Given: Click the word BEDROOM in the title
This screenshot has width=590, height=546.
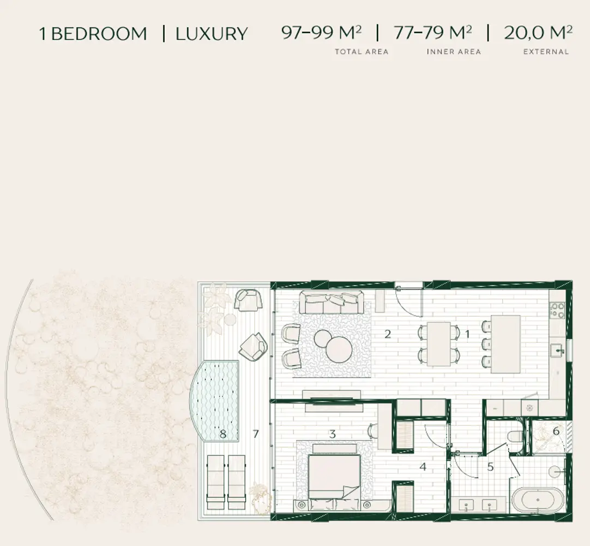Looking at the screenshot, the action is (99, 33).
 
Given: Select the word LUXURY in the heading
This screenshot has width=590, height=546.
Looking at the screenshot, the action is (212, 33).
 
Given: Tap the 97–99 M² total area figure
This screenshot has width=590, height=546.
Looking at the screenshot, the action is (321, 32).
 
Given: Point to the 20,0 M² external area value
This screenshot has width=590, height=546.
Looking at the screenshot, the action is (538, 32).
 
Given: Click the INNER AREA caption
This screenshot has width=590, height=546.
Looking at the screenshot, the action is (454, 52).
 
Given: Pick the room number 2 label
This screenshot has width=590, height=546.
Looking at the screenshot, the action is (388, 334).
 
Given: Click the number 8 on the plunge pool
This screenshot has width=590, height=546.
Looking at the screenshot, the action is (223, 434).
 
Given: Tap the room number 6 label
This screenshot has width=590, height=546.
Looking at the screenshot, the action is (556, 431).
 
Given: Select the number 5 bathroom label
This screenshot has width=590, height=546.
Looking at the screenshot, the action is (490, 467).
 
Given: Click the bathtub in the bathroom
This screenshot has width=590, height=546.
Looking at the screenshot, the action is (538, 500).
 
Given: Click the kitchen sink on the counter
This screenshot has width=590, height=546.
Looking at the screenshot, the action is (557, 351).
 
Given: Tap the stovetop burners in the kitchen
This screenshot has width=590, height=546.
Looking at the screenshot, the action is (557, 310).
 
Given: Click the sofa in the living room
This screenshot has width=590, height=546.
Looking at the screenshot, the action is (331, 302).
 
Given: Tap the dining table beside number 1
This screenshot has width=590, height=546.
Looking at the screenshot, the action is (439, 343).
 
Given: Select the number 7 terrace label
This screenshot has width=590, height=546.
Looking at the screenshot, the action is (256, 434).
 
